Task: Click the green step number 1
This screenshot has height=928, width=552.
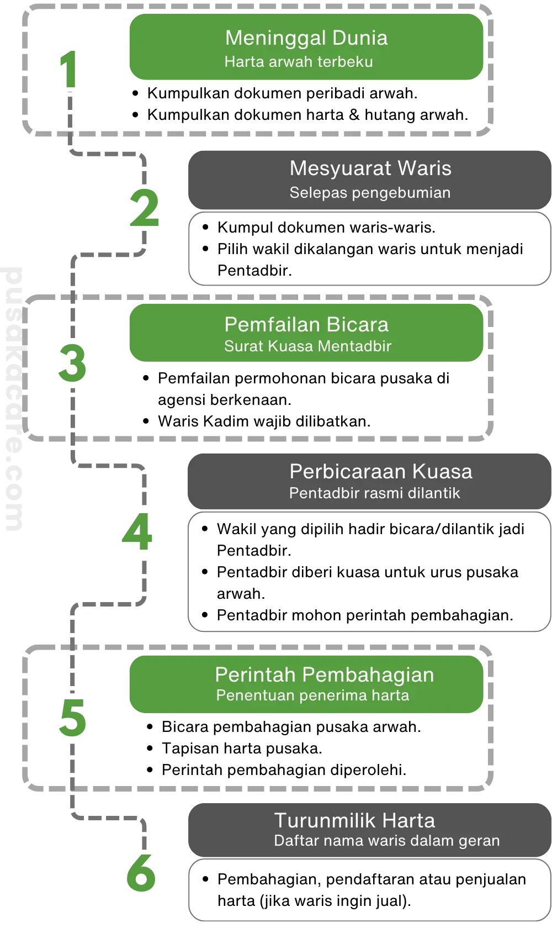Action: (x=67, y=68)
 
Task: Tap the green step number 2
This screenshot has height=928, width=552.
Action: (x=144, y=208)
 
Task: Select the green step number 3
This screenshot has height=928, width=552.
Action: (x=73, y=363)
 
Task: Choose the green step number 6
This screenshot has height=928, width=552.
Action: (x=141, y=873)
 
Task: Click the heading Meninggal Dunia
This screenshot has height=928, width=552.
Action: (x=306, y=38)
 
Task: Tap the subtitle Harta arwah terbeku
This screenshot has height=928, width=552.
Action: (x=299, y=61)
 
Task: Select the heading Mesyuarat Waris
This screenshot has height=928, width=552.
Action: (x=370, y=168)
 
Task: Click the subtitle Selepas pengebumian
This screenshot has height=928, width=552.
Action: (x=370, y=193)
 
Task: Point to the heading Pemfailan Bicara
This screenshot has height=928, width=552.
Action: (x=306, y=324)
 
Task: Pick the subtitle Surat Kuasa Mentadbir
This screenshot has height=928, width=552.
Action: (x=307, y=346)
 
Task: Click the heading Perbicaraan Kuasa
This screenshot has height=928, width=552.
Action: (x=381, y=471)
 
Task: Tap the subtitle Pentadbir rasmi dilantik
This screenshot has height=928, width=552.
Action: (x=374, y=493)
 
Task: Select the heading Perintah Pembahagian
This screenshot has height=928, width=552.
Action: (x=325, y=675)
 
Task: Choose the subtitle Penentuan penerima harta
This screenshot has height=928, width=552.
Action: (x=312, y=695)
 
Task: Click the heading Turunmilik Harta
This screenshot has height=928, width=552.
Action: (x=354, y=820)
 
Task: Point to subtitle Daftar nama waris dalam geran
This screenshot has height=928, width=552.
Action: (x=386, y=841)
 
